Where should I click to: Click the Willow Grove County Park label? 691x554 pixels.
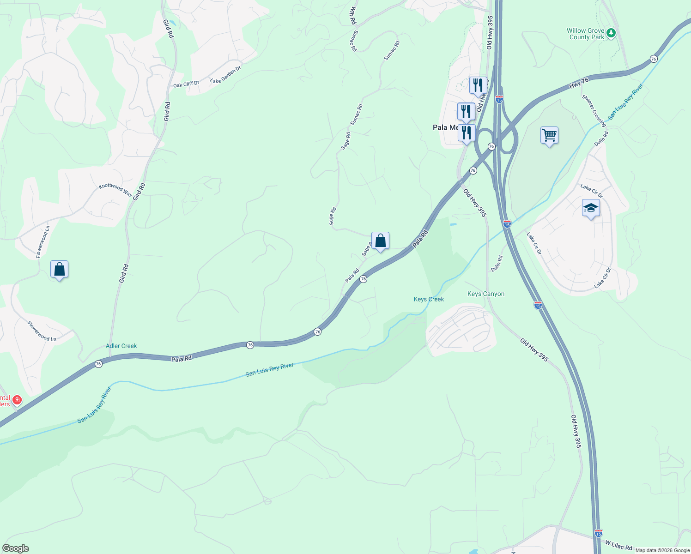pos(586,34)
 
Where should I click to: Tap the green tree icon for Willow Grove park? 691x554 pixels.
pos(611,33)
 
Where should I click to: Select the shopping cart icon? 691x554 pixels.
pos(549,135)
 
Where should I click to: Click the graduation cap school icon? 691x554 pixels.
pos(591,208)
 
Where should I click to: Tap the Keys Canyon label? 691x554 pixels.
pos(486,294)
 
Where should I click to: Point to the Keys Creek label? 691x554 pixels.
pos(429,300)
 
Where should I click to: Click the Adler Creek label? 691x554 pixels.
pos(121,346)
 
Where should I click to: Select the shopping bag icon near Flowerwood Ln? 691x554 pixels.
pos(60,269)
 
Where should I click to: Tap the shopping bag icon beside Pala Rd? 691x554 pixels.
pos(380,241)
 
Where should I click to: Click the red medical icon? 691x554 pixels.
pos(17,399)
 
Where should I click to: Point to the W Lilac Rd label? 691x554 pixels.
pos(618,546)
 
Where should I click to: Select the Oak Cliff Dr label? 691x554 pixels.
pos(186,84)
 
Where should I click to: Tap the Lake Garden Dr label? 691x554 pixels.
pos(225,75)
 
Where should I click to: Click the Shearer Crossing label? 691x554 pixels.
pos(594,111)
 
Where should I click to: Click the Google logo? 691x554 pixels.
pos(15,548)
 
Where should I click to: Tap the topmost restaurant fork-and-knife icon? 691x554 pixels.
pos(478,85)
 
